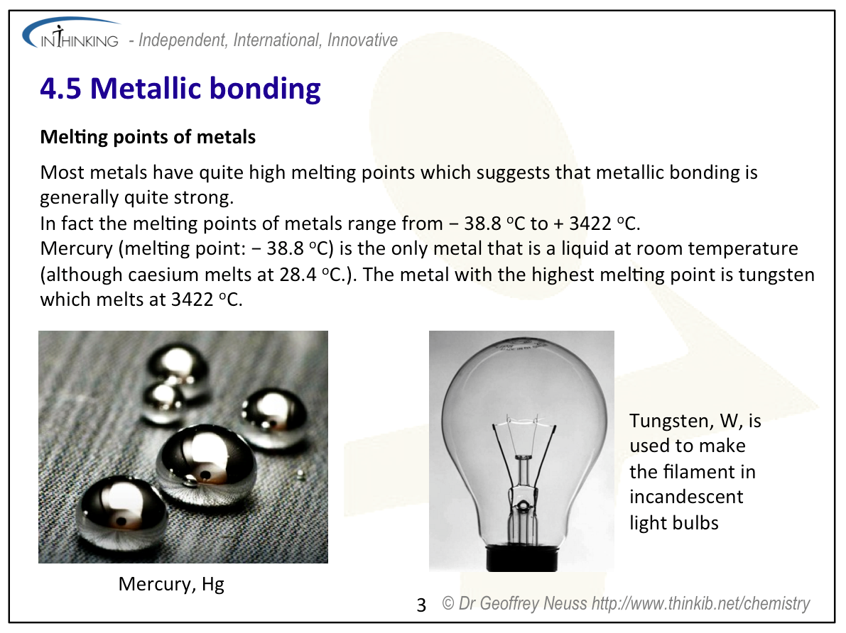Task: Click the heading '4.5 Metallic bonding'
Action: pyautogui.click(x=180, y=89)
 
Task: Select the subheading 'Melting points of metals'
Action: pyautogui.click(x=148, y=136)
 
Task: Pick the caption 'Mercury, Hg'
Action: pyautogui.click(x=171, y=584)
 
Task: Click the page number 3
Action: pyautogui.click(x=421, y=605)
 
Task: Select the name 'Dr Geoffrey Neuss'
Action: pyautogui.click(x=524, y=604)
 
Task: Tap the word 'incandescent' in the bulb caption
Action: pyautogui.click(x=686, y=497)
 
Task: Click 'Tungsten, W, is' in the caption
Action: pyautogui.click(x=695, y=421)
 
